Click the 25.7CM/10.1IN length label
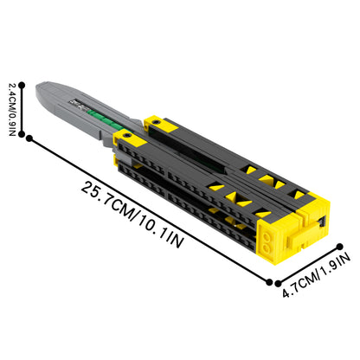(x=132, y=215)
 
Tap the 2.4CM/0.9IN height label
(x=12, y=110)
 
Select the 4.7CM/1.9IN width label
(x=316, y=275)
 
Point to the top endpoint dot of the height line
(x=22, y=85)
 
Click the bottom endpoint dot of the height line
(x=22, y=134)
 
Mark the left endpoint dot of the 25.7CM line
(x=29, y=138)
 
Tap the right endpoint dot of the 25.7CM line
(x=269, y=282)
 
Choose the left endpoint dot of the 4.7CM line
(x=278, y=284)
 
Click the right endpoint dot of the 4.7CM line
(x=340, y=247)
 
